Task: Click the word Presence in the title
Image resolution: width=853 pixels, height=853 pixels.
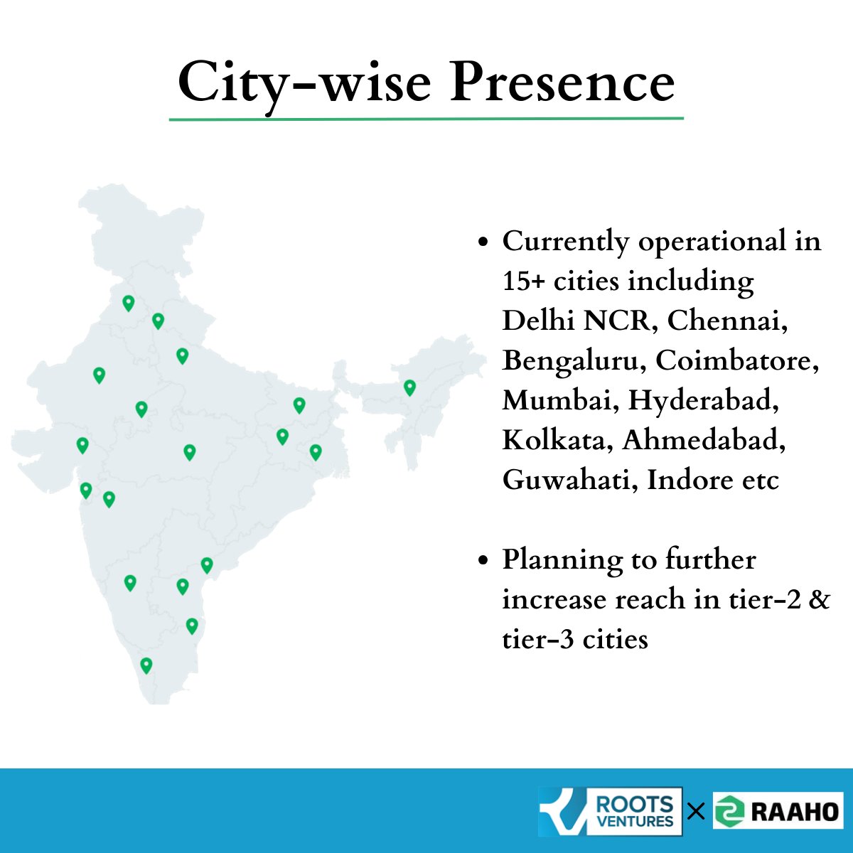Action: tap(562, 82)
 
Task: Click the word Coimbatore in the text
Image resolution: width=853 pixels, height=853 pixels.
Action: tap(737, 360)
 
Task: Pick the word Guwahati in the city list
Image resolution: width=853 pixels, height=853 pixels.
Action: tap(571, 480)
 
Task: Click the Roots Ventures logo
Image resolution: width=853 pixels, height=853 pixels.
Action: tap(610, 811)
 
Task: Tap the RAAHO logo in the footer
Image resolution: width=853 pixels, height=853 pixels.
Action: tap(778, 811)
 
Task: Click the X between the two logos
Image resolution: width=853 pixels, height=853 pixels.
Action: tap(697, 812)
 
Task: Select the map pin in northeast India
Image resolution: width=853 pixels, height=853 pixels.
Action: tap(409, 388)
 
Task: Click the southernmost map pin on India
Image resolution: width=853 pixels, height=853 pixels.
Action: tap(146, 665)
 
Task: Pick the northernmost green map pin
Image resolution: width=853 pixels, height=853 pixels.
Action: tap(129, 304)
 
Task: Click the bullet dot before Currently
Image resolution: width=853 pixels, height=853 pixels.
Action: tap(483, 242)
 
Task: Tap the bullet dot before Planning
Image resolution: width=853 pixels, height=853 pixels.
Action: tap(483, 560)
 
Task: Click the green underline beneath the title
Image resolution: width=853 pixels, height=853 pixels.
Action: tap(426, 119)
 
